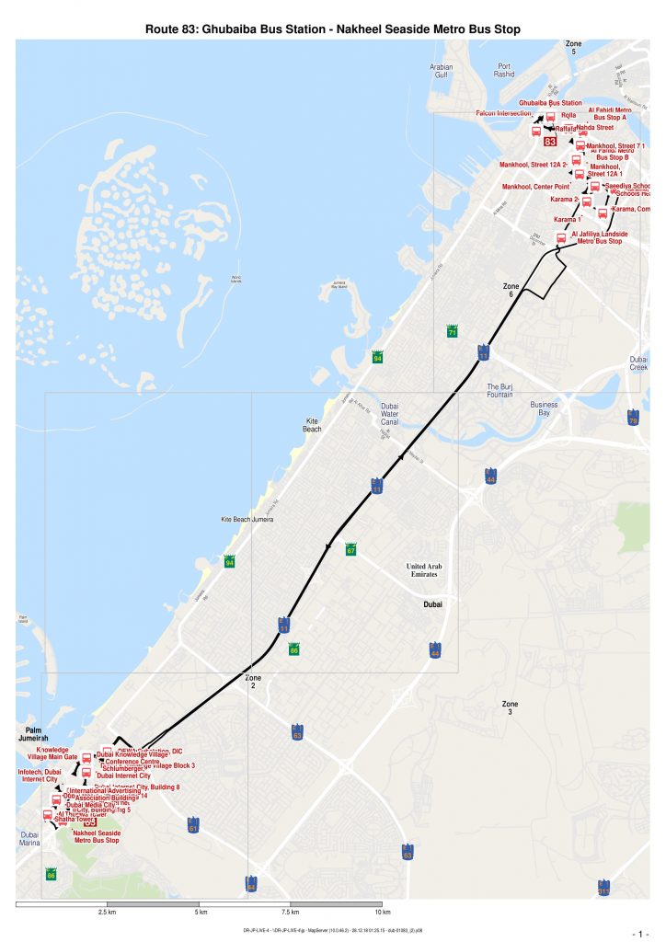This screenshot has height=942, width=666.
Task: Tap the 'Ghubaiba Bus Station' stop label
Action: (550, 102)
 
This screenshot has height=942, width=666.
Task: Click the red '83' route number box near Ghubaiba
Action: (550, 142)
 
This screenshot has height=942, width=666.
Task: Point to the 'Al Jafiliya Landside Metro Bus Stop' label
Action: (599, 237)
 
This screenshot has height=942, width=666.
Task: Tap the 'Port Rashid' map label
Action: (505, 71)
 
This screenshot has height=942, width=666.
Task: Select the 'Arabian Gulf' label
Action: (442, 71)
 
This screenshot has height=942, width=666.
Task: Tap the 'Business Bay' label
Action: (545, 408)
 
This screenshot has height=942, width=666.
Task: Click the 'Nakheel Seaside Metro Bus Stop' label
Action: (96, 836)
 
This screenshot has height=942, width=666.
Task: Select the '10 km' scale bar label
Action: (385, 913)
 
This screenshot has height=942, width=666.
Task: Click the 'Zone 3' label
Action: (511, 707)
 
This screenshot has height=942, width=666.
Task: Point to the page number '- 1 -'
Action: (641, 934)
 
